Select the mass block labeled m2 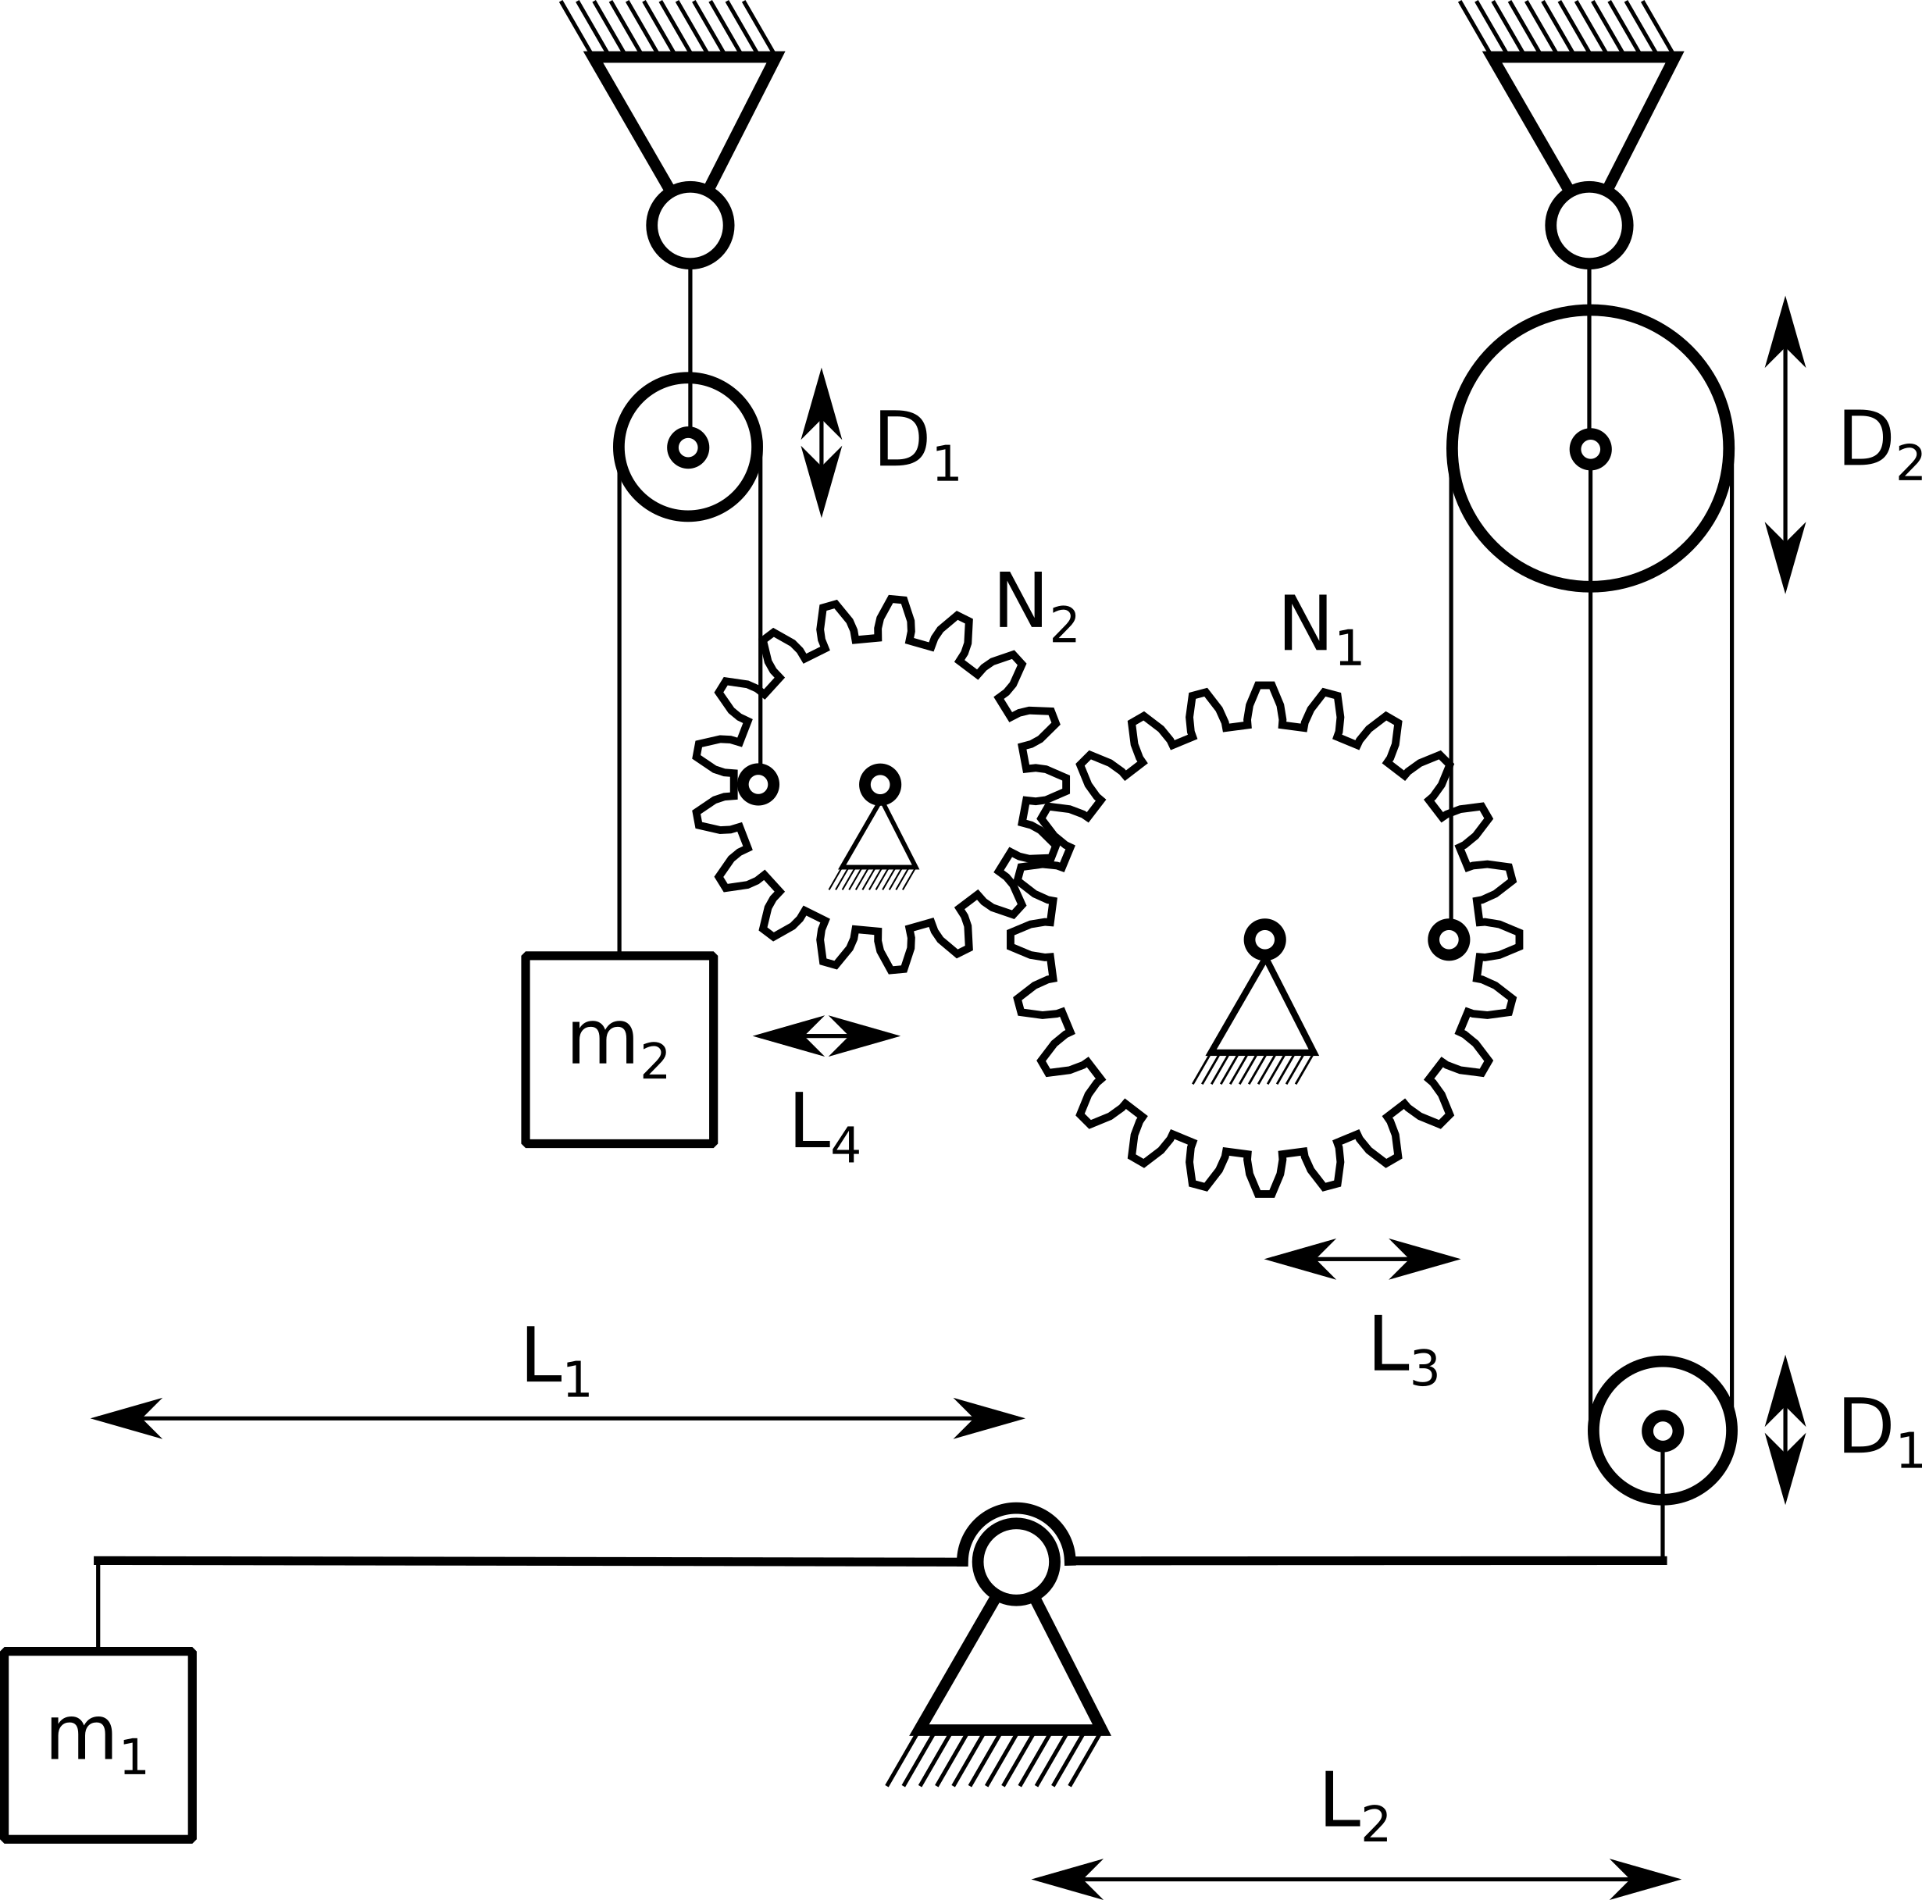[x=619, y=1050]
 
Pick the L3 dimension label [x=1403, y=1350]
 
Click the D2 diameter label [x=1881, y=444]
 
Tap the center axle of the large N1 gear [x=1264, y=939]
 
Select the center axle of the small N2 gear [x=879, y=785]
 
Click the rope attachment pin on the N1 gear [x=1449, y=939]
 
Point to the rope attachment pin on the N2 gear [x=758, y=785]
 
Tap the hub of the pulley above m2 [x=687, y=447]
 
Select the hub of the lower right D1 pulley [x=1663, y=1431]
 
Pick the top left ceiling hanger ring [x=690, y=226]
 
